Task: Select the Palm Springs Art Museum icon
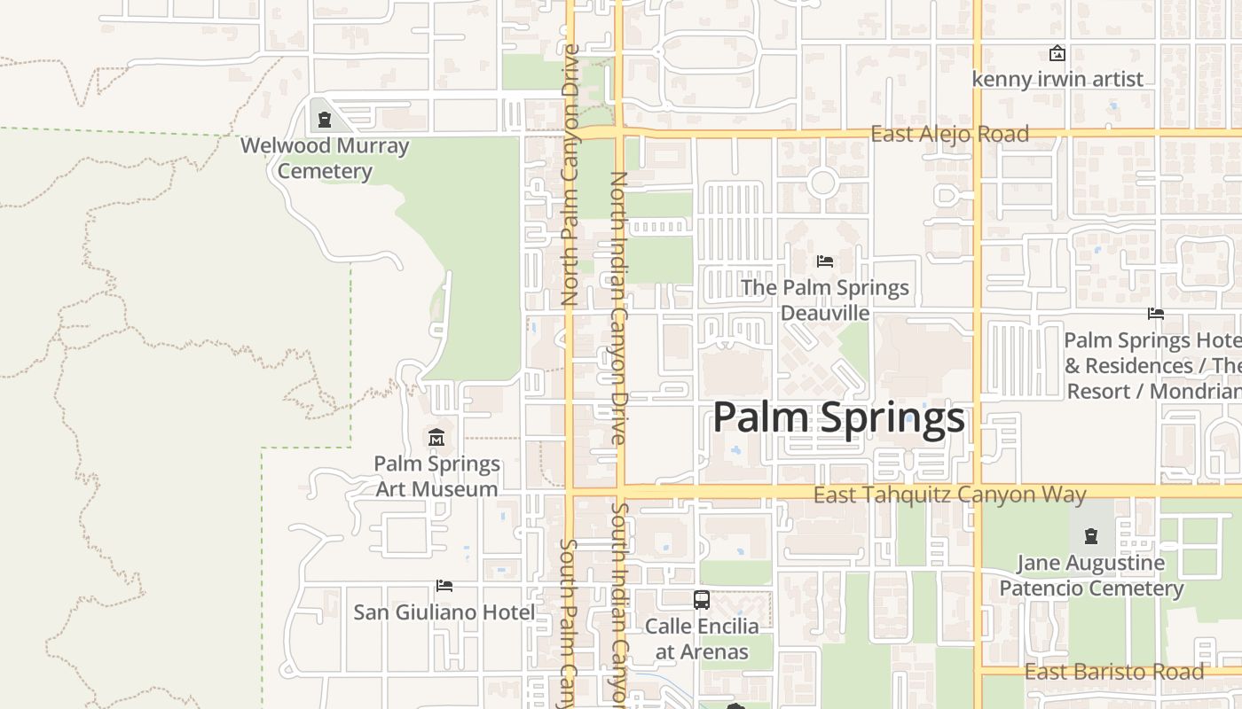tap(436, 438)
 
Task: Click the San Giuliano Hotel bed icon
tap(444, 586)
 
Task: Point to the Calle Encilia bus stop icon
tap(702, 600)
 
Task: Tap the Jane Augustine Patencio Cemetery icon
tap(1091, 536)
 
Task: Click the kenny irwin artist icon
tap(1057, 54)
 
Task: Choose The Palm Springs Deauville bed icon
tap(825, 261)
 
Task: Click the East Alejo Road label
tap(949, 134)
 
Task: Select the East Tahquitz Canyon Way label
tap(949, 495)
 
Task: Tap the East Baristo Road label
tap(1114, 672)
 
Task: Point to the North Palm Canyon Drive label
tap(570, 182)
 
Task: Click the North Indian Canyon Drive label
tap(618, 308)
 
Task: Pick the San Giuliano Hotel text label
tap(444, 612)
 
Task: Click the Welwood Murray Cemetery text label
tap(325, 158)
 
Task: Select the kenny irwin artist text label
tap(1057, 80)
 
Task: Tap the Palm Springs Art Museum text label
tap(436, 477)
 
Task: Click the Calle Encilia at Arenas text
tap(702, 639)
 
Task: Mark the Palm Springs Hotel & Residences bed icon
tap(1155, 314)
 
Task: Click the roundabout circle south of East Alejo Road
tap(822, 183)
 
